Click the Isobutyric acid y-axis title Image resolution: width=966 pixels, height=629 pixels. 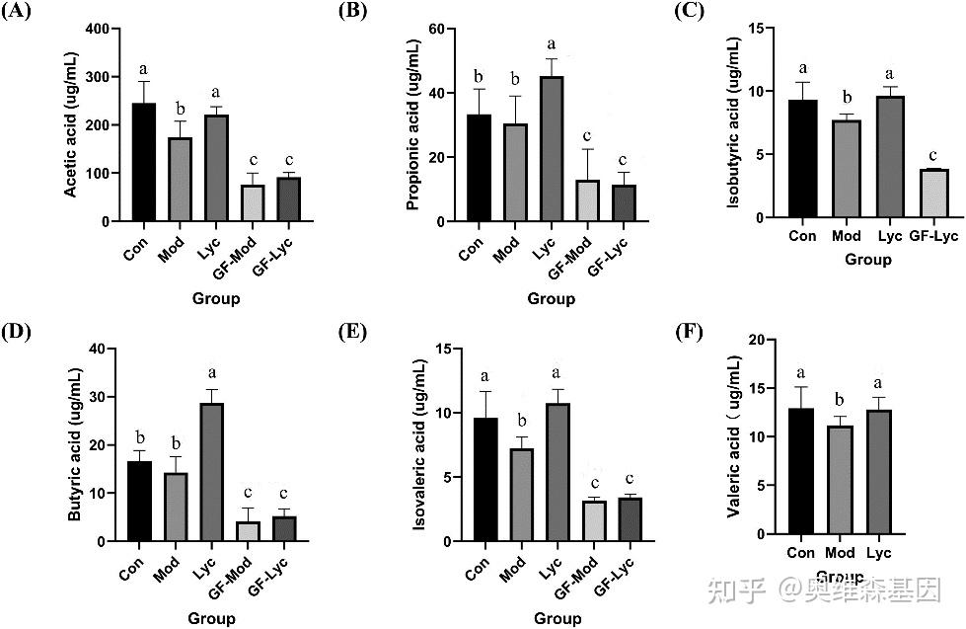[x=733, y=123]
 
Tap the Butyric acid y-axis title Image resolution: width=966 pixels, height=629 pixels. [x=75, y=444]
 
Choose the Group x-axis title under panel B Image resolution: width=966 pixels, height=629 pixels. [x=551, y=297]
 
